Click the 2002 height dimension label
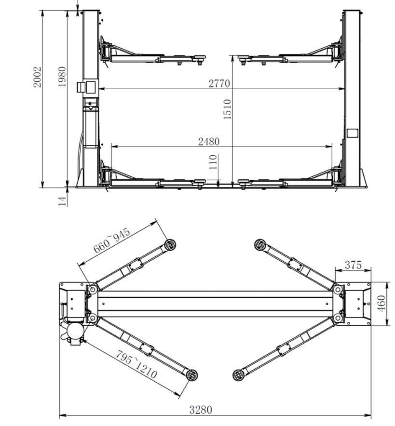[38, 77]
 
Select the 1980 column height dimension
[62, 77]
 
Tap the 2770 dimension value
[219, 83]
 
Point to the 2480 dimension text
[209, 142]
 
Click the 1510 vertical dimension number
[227, 109]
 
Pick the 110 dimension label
[213, 162]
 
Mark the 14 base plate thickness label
[63, 201]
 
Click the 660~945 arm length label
[112, 240]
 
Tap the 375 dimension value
[353, 265]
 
